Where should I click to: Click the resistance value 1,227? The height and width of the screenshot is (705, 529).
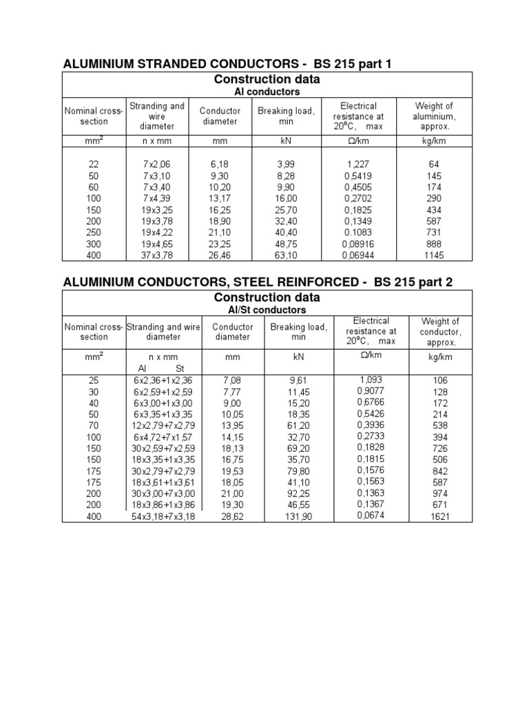358,165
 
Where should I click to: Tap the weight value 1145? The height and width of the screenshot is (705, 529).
434,255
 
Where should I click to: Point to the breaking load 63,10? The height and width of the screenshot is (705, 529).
285,255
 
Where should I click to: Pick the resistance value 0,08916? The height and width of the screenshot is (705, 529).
358,244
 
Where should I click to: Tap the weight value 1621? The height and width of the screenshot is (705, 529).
439,516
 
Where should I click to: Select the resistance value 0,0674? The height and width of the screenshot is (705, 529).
371,516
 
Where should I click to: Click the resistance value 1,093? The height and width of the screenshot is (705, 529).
371,379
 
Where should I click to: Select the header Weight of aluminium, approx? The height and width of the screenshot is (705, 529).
434,116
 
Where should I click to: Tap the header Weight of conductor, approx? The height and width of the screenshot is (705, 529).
439,331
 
